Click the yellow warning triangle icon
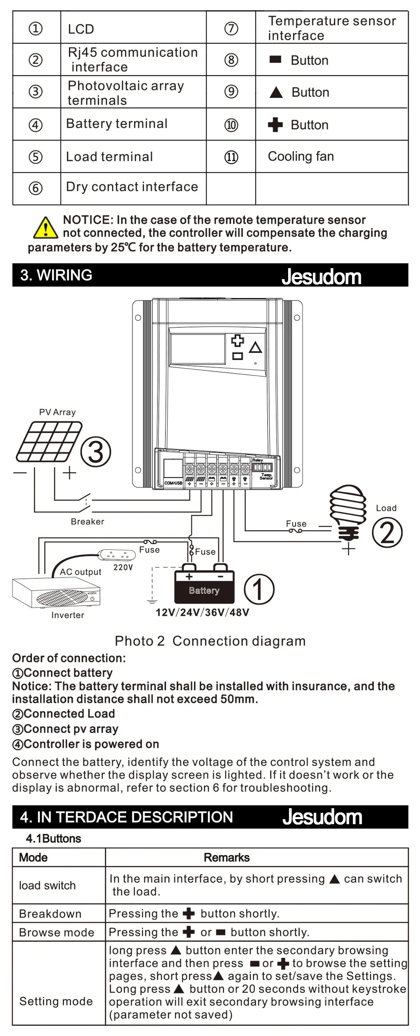pos(45,228)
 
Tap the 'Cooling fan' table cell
pos(301,156)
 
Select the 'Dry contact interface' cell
pos(132,187)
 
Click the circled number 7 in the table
pos(231,28)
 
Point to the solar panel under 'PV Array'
pos(49,442)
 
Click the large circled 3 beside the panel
pos(96,452)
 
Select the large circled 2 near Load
pos(387,532)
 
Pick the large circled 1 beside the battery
pos(259,589)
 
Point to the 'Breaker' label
pos(87,522)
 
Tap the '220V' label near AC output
pos(123,567)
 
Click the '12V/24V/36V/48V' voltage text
pos(202,612)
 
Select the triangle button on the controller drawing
pos(255,348)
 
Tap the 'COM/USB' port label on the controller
pos(173,483)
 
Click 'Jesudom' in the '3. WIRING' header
pos(321,276)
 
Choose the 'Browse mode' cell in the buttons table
pos(56,932)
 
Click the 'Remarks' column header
pos(226,857)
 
